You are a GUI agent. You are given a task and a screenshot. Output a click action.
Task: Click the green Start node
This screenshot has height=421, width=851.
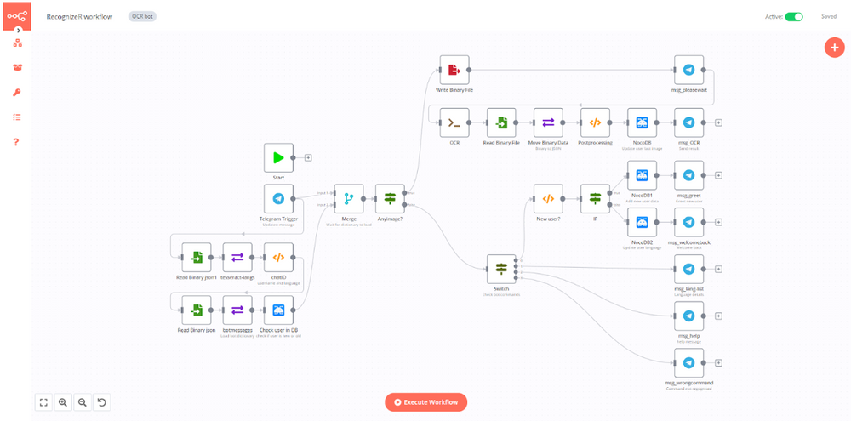point(278,157)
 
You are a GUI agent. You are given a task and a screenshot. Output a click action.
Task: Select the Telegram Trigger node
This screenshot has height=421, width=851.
point(278,199)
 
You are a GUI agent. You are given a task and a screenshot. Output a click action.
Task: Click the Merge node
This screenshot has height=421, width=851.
point(349,199)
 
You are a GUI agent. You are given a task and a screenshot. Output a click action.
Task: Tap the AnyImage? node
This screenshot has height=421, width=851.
point(391,199)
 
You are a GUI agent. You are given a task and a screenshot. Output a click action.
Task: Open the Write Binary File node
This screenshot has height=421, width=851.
point(454,71)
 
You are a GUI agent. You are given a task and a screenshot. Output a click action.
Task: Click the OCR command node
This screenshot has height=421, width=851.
point(454,122)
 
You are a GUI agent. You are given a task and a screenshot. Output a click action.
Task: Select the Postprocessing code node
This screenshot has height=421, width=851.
point(595,122)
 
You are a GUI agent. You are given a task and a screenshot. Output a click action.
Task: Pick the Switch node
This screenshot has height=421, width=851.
point(501,270)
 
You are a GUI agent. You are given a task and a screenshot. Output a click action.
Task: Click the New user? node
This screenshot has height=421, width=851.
point(548,199)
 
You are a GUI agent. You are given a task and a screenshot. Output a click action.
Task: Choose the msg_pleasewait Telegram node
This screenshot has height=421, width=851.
point(688,71)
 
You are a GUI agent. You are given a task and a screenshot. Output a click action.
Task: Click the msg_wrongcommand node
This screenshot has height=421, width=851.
point(688,363)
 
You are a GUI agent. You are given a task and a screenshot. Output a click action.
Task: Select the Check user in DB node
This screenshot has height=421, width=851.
point(278,310)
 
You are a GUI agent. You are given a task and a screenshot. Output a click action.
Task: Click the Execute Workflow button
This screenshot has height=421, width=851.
point(425,402)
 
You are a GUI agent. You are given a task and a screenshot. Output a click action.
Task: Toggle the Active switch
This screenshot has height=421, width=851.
point(794,16)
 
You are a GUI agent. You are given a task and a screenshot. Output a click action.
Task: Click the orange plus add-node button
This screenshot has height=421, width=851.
point(833,47)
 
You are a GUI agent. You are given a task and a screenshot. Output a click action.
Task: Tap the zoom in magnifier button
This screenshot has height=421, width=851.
point(63,402)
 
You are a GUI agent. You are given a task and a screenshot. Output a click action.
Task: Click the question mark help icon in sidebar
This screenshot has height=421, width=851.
point(17,141)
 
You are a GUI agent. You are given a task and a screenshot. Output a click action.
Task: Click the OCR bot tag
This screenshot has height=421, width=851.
point(142,16)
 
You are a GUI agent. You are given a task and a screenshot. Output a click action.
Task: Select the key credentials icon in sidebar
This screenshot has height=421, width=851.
point(17,92)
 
